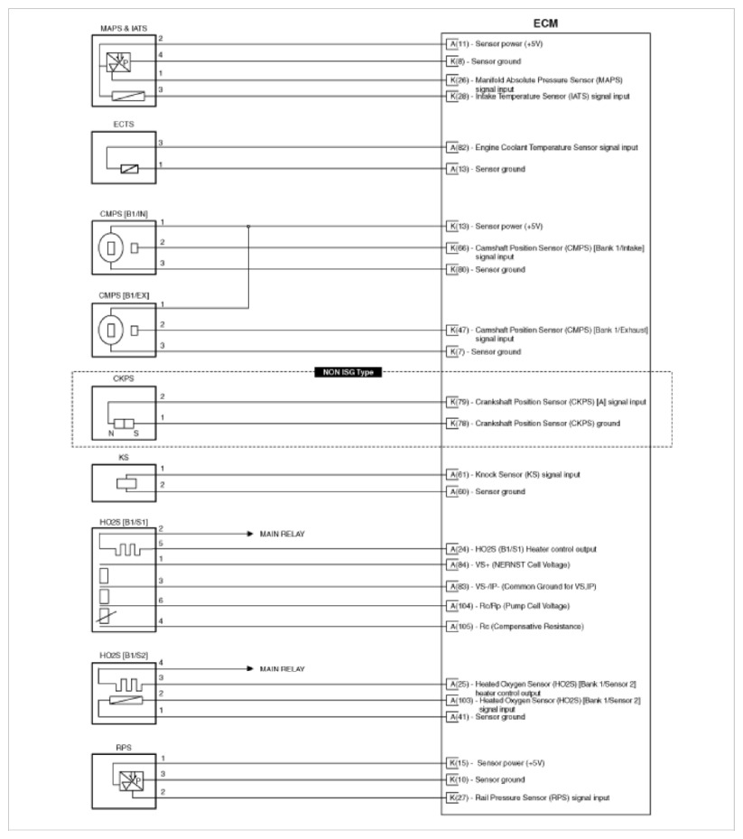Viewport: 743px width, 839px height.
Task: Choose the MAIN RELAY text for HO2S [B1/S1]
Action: tap(283, 534)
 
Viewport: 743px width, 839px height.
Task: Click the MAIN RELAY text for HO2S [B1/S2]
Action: tap(283, 669)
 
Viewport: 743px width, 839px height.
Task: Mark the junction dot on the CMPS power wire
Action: tap(248, 226)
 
